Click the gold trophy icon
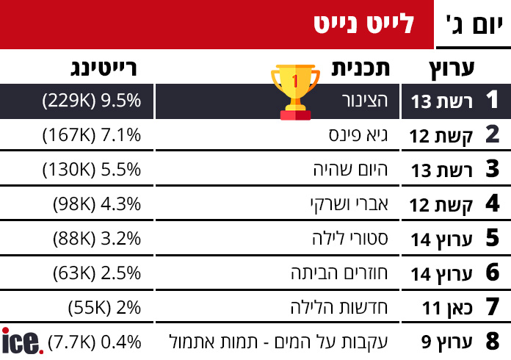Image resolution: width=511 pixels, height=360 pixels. [x=295, y=91]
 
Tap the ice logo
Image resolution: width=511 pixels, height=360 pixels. [x=22, y=341]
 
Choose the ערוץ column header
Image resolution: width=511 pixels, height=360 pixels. [x=452, y=68]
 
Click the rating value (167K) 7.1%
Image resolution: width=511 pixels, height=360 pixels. [x=92, y=135]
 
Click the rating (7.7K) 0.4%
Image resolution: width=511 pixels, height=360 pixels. [x=94, y=342]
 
